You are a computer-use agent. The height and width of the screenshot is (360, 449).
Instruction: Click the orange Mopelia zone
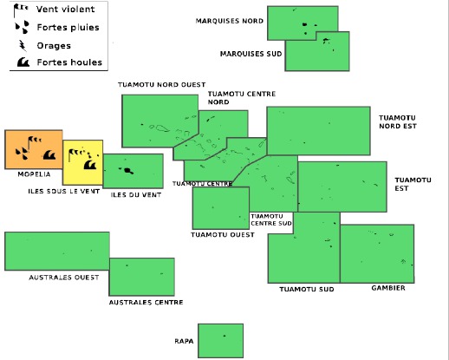click(34, 149)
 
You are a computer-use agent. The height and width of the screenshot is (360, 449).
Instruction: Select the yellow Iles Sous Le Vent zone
click(82, 162)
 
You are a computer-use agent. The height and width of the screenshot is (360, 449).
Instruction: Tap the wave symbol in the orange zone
click(49, 155)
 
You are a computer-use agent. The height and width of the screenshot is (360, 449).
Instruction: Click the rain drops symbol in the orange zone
click(23, 154)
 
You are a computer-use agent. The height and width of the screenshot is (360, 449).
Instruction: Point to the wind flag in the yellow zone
click(75, 154)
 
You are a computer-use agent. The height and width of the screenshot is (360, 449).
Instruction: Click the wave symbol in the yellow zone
click(90, 165)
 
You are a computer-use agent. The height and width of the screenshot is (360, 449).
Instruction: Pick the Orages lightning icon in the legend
click(23, 45)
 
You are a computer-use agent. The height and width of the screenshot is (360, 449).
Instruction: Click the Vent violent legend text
click(65, 10)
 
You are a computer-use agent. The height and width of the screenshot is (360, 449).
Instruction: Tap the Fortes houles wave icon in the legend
click(23, 62)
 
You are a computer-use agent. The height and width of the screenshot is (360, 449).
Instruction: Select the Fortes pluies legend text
click(68, 28)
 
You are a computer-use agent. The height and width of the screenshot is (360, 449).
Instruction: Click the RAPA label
click(184, 341)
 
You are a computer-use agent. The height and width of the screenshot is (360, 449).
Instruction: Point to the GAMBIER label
click(388, 288)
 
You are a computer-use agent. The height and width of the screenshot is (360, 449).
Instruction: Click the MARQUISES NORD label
click(230, 21)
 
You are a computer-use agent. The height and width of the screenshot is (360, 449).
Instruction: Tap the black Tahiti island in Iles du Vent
click(127, 170)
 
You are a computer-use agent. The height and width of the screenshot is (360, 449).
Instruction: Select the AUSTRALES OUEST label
click(64, 278)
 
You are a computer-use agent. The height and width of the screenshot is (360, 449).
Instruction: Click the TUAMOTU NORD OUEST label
click(161, 85)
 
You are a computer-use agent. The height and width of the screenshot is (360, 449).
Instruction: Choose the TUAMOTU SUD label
click(307, 289)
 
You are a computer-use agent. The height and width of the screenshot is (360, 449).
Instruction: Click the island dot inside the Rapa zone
click(224, 336)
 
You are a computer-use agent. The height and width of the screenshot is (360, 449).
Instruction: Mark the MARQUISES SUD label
click(251, 54)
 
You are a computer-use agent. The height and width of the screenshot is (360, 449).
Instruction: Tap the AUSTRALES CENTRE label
click(146, 303)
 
